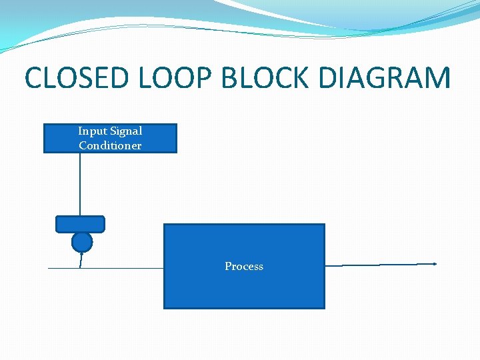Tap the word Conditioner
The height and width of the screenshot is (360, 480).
(110, 145)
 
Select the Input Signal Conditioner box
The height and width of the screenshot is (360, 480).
(110, 139)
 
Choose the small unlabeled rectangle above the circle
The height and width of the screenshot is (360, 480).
(80, 223)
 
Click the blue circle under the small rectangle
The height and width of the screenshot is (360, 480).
(82, 241)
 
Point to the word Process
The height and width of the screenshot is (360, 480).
(244, 267)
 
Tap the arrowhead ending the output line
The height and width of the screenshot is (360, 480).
(435, 264)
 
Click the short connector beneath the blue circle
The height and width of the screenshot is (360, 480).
(81, 260)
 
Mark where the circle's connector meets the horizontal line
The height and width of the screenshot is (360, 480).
(80, 268)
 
